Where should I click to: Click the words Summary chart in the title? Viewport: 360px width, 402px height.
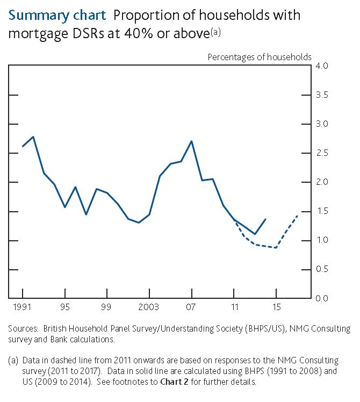tap(57, 15)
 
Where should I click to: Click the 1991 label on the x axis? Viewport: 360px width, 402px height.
tap(22, 308)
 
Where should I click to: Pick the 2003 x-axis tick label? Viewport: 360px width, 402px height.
tap(149, 308)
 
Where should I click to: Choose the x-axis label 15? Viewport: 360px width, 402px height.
tap(276, 308)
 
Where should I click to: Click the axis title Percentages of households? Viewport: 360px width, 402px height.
tap(260, 56)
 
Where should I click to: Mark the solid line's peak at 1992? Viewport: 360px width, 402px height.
tap(33, 137)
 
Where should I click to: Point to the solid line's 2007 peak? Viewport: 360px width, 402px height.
tap(192, 141)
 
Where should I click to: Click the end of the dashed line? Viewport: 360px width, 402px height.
tap(297, 215)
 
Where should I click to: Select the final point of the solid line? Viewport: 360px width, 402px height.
tap(265, 219)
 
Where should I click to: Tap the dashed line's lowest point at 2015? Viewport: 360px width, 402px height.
tap(276, 248)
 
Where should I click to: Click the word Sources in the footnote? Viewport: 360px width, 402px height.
tap(23, 328)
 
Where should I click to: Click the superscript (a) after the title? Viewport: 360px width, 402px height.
tap(215, 32)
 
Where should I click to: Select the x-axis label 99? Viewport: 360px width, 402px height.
tap(107, 308)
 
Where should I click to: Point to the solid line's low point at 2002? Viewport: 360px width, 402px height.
tap(139, 222)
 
